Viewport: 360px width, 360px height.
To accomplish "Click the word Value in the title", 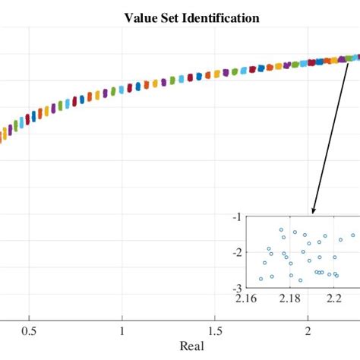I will [x=142, y=17].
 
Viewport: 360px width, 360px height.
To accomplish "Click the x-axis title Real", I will [x=193, y=346].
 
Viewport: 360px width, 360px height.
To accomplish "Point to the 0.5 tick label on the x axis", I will [x=29, y=331].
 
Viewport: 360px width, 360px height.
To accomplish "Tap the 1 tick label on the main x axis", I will [x=122, y=331].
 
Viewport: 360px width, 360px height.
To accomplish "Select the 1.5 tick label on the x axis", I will [x=215, y=331].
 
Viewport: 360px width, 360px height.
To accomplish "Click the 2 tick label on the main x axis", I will [x=308, y=331].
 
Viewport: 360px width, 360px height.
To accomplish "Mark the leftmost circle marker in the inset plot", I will [x=261, y=279].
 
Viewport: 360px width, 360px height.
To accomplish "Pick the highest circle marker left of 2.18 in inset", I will [x=281, y=229].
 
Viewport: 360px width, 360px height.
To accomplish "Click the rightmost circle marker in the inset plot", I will [x=352, y=235].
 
